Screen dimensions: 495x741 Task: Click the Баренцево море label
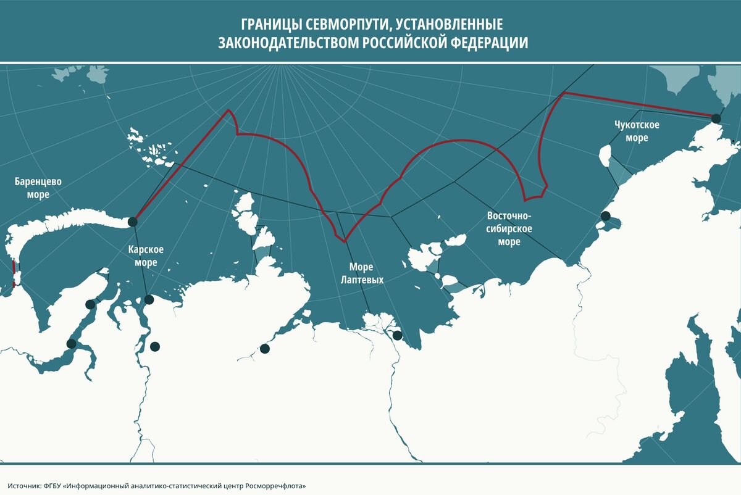38,188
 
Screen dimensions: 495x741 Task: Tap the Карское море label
146,256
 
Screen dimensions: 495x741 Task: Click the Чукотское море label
637,131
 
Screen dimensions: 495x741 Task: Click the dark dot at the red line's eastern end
716,119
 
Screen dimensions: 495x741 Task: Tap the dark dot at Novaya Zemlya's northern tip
132,222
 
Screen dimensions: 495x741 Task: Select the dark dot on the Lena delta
398,336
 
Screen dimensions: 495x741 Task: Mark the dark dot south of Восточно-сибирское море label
606,216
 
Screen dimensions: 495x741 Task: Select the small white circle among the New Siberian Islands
437,276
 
